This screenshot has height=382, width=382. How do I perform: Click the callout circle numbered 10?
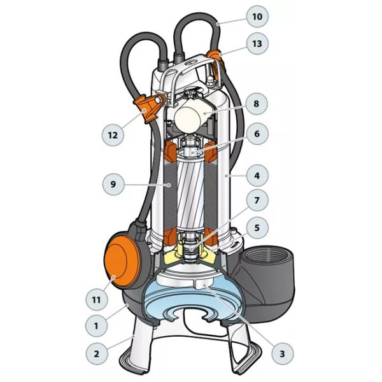(257, 17)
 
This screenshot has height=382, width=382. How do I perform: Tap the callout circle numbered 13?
(257, 43)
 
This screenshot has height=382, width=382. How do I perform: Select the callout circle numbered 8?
(257, 104)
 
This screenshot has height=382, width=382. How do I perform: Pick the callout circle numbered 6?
(257, 134)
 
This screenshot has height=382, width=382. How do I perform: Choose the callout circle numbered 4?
(257, 176)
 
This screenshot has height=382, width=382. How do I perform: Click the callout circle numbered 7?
(257, 201)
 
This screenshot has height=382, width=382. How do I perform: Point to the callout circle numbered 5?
(257, 228)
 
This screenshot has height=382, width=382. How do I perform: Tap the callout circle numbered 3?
(282, 353)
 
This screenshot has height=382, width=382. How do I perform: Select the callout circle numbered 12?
(113, 135)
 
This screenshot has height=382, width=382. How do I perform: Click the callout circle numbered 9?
(113, 184)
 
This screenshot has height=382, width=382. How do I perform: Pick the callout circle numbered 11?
(97, 299)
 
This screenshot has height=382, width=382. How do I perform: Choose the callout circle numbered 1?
(97, 325)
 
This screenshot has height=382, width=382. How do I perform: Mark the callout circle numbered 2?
(97, 353)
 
